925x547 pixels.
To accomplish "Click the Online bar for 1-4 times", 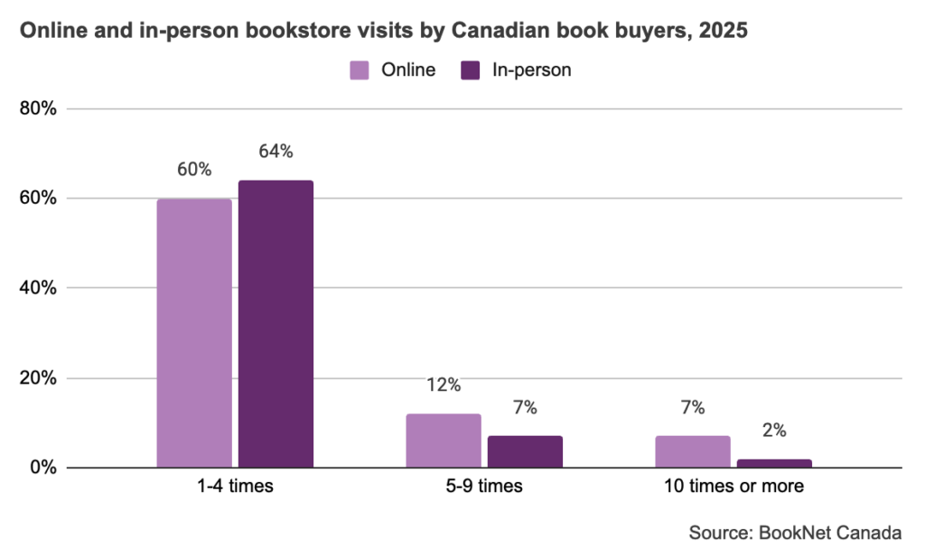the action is (194, 333).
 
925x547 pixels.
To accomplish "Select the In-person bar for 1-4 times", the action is (276, 324).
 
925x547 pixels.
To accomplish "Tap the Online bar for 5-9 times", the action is (444, 440).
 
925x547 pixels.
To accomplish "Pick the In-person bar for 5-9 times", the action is (525, 451).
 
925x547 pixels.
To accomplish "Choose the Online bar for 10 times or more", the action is (693, 451).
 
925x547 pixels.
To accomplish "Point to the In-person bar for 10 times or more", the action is (774, 463).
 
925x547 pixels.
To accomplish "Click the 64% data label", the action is (276, 152).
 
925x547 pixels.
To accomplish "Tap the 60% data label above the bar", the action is (194, 170).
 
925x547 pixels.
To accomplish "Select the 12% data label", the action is (444, 385).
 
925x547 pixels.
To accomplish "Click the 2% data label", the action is (774, 431).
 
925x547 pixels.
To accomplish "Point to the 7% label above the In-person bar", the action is (525, 407).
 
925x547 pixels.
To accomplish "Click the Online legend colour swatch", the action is (360, 70).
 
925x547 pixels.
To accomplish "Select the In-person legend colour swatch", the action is (470, 70).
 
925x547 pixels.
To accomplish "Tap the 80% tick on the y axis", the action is (38, 108).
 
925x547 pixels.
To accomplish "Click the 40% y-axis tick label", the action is (38, 288).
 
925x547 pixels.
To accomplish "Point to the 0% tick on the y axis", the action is (43, 468).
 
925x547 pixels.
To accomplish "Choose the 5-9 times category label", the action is (484, 486).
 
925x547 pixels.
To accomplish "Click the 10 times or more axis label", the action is (733, 486).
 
